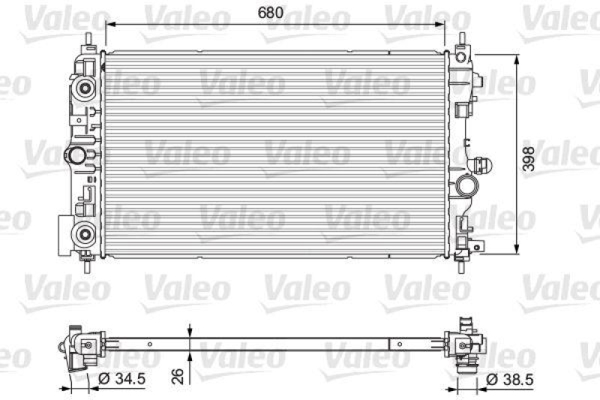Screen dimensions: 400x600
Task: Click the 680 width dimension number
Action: click(x=274, y=11)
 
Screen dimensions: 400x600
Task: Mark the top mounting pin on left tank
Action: click(x=89, y=41)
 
